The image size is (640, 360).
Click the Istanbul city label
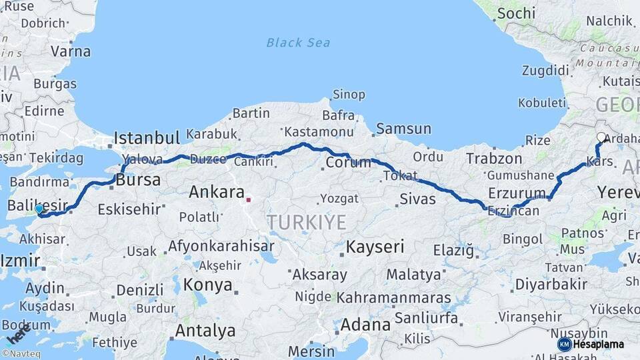click(x=147, y=139)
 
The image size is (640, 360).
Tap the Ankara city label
click(x=217, y=193)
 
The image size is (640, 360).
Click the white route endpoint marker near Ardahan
click(x=601, y=138)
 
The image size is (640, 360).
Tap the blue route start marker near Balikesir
click(x=39, y=209)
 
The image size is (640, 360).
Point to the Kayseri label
click(x=375, y=247)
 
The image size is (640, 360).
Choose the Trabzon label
click(x=494, y=159)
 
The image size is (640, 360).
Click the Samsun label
click(x=401, y=128)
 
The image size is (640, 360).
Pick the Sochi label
click(x=516, y=13)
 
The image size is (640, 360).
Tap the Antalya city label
click(x=205, y=331)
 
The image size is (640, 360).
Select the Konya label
click(x=208, y=285)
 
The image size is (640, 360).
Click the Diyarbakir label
click(x=551, y=285)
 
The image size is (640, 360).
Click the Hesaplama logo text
click(x=598, y=344)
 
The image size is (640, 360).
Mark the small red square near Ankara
click(x=248, y=199)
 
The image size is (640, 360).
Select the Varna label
click(x=71, y=51)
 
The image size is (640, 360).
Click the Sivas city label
click(x=417, y=199)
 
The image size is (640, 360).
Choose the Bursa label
click(x=138, y=180)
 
